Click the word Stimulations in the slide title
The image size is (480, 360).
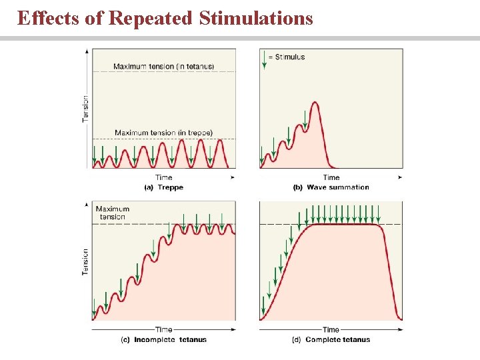256,18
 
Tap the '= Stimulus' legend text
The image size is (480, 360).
286,57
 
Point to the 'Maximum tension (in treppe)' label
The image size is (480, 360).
163,133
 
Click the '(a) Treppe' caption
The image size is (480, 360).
163,187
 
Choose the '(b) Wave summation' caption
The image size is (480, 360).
331,187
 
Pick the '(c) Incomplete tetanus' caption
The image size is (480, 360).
163,339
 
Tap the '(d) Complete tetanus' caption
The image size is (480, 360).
331,339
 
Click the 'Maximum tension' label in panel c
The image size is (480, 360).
112,213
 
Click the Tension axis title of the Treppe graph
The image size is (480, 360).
85,108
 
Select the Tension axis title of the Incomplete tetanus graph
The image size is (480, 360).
85,262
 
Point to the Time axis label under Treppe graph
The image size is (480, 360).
163,177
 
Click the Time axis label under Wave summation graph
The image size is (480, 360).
331,177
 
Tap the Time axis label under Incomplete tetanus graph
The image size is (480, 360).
163,329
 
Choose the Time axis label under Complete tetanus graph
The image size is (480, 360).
331,329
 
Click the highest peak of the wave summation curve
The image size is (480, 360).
315,102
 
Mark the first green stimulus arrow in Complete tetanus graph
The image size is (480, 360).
263,305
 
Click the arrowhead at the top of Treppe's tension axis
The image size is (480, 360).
87,51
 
